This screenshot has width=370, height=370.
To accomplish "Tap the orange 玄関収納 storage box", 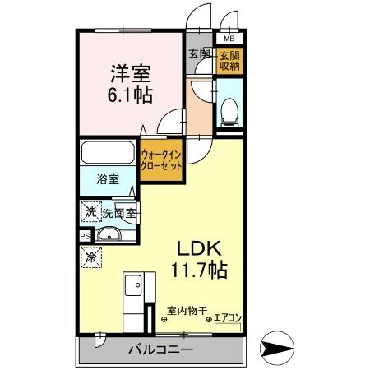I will (228, 61).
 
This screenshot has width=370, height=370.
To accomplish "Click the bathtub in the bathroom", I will (109, 153).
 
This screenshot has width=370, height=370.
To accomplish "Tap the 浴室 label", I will (106, 178).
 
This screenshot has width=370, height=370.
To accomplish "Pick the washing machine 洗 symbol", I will (89, 211).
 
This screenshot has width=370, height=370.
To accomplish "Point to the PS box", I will (85, 236).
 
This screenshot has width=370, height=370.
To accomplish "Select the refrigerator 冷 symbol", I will (89, 257).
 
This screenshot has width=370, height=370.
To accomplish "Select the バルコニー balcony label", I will (160, 350).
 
